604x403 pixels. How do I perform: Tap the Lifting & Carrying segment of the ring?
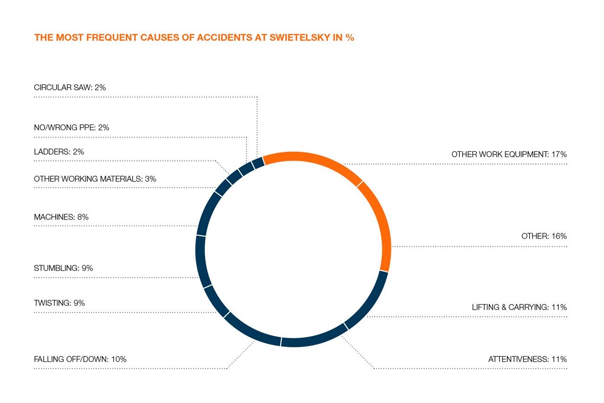point(369,302)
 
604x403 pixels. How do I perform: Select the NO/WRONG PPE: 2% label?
point(72,127)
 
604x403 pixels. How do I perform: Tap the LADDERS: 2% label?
point(59,152)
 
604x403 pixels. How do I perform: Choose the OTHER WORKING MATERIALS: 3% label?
point(95,179)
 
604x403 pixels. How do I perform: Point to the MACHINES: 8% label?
point(61,217)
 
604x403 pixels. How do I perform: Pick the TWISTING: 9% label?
point(59,303)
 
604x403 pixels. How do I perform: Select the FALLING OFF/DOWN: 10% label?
point(80,359)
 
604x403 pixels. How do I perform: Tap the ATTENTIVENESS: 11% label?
point(527,359)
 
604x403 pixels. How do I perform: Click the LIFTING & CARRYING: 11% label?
point(519,307)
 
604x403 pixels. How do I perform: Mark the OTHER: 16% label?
point(544,236)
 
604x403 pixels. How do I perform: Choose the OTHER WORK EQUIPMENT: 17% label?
point(509,154)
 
